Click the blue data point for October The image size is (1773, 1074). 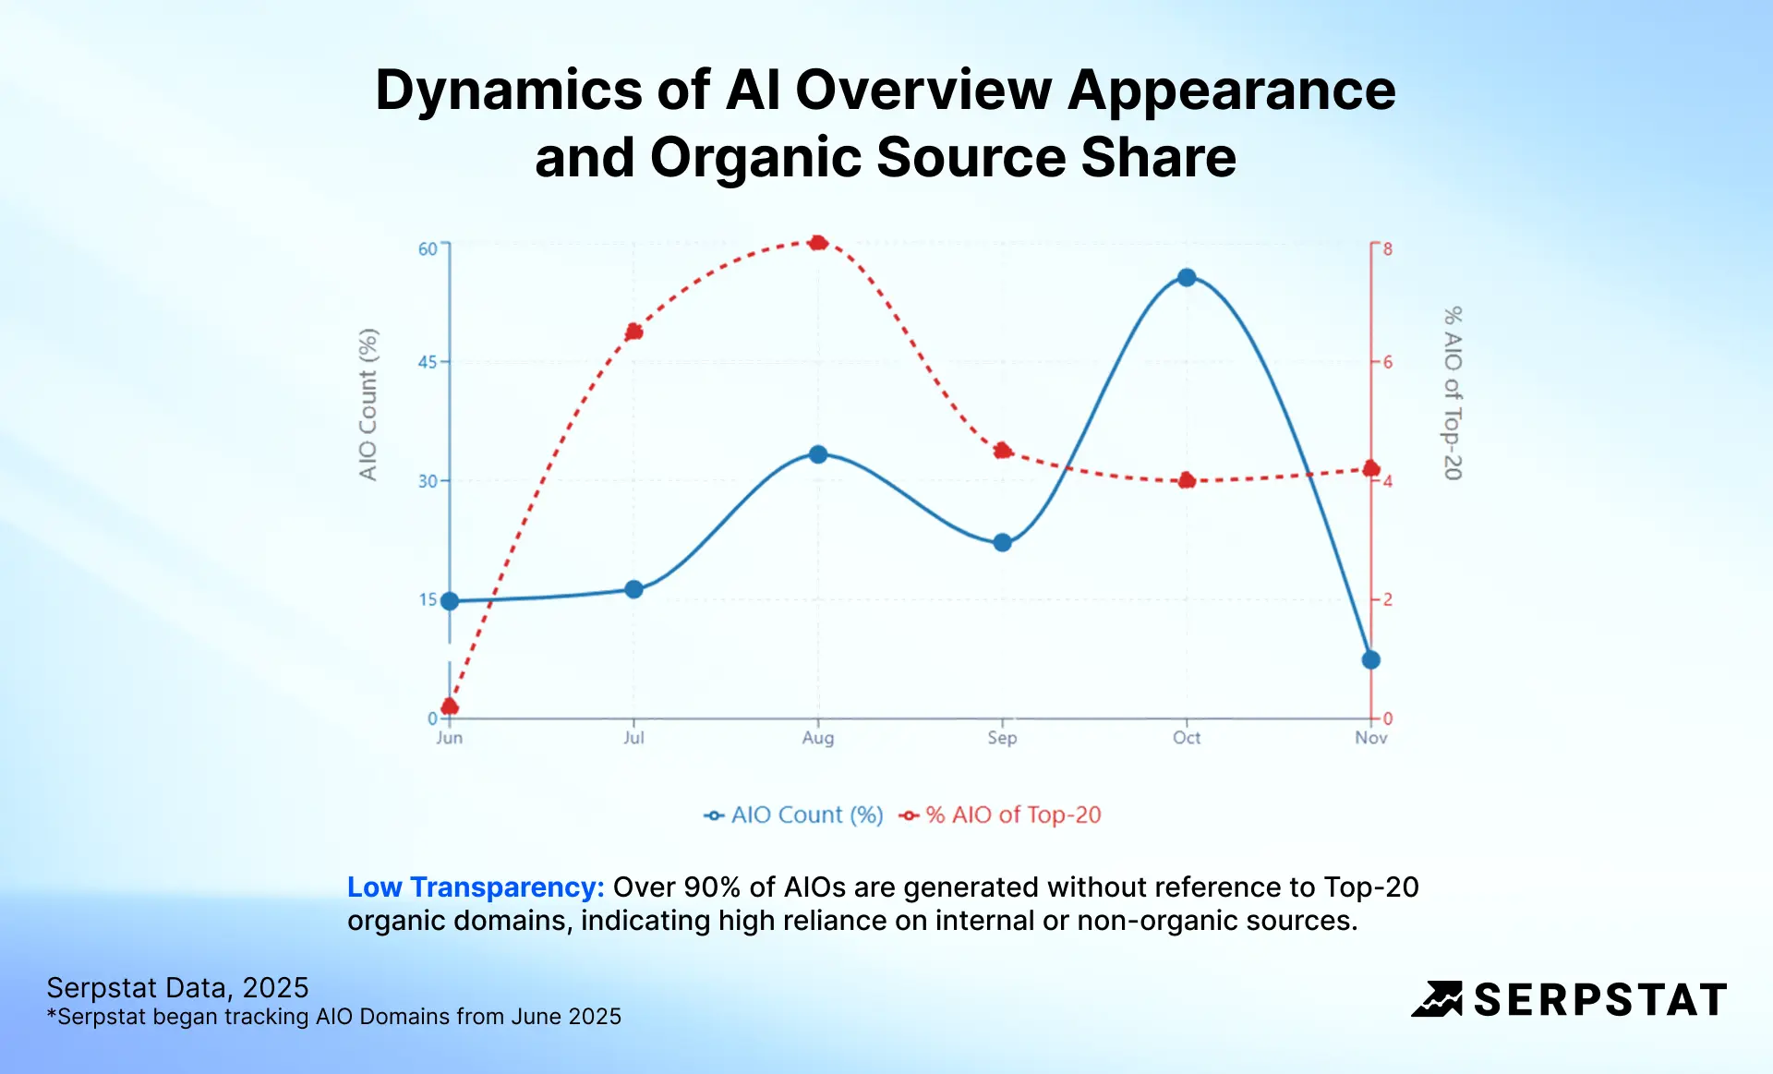(1187, 277)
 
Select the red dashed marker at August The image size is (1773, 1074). (817, 243)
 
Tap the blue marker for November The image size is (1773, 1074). (1370, 659)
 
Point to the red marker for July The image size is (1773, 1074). (633, 332)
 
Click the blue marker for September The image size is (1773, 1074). (1002, 542)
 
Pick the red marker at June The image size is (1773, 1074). (450, 706)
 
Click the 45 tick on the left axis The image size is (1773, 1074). (428, 362)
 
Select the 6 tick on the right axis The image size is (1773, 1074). (1387, 362)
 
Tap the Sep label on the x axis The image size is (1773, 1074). (1002, 738)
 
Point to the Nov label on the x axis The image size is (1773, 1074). (1370, 738)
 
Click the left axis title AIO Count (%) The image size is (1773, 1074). (368, 404)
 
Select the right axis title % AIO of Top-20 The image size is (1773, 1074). (1453, 393)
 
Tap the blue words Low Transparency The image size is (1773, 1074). (476, 887)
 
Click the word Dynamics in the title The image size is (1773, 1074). (508, 91)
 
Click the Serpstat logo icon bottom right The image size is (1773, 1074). (1437, 999)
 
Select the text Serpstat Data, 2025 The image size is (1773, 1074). (177, 987)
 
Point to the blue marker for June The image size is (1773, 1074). (450, 601)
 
